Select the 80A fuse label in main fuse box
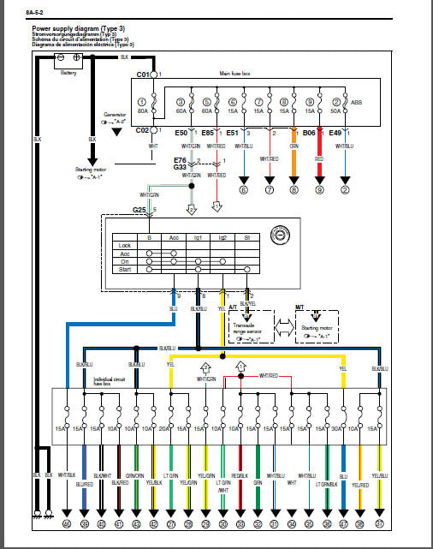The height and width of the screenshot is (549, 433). tap(144, 110)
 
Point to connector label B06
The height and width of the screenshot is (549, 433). tap(309, 133)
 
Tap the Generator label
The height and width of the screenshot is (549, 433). tap(115, 113)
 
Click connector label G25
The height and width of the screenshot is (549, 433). tap(139, 210)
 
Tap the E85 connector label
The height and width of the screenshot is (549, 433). tap(207, 133)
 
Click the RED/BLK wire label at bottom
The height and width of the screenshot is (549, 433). tap(241, 475)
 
